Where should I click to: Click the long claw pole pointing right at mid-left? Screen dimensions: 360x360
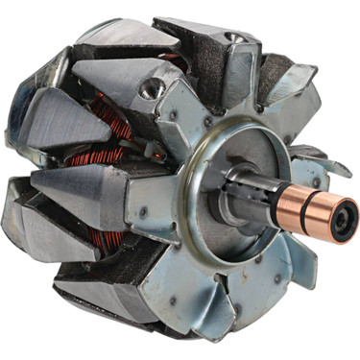coord(82,182)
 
